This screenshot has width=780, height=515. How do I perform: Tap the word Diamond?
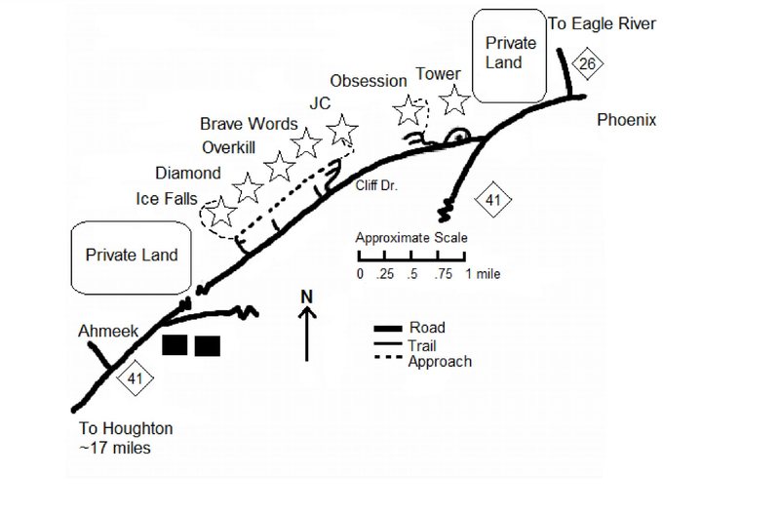(x=187, y=173)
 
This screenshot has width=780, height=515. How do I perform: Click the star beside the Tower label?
(x=453, y=99)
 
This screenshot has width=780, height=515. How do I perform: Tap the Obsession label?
(x=367, y=80)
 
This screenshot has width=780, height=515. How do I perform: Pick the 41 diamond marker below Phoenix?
(x=492, y=201)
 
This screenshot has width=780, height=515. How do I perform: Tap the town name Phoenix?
(x=627, y=121)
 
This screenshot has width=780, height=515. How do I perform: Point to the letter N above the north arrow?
(x=306, y=296)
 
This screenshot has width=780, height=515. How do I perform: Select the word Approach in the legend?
(x=440, y=362)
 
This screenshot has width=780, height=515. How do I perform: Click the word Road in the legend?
(x=427, y=328)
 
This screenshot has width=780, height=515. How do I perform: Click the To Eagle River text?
(x=614, y=23)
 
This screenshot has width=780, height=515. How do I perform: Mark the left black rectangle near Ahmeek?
(x=175, y=345)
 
